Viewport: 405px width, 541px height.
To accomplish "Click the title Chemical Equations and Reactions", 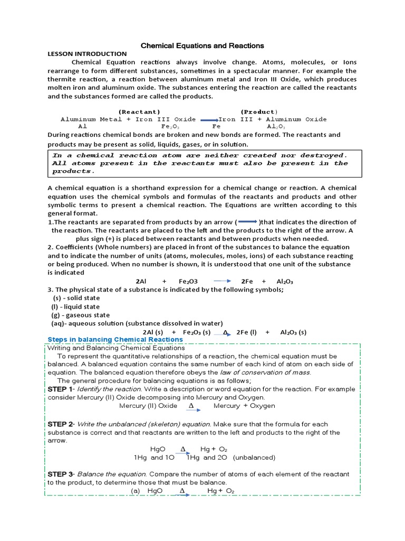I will click(x=202, y=46).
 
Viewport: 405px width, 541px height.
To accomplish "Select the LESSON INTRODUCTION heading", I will click(x=87, y=54).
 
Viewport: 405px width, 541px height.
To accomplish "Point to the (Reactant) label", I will click(x=139, y=111).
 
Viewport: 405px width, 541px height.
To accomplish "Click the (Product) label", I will click(x=258, y=111).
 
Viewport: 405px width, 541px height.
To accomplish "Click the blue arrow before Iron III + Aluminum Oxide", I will click(x=209, y=120).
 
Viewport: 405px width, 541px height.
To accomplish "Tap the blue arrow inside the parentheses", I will click(x=248, y=222).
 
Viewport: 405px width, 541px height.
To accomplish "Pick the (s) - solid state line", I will click(x=76, y=298).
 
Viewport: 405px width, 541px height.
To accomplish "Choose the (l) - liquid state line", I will click(x=75, y=306).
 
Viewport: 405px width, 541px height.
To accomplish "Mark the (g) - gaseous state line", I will click(x=80, y=315).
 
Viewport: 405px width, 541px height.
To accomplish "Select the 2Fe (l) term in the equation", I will click(x=246, y=332).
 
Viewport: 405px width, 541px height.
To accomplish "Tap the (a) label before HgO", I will click(x=136, y=491).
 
